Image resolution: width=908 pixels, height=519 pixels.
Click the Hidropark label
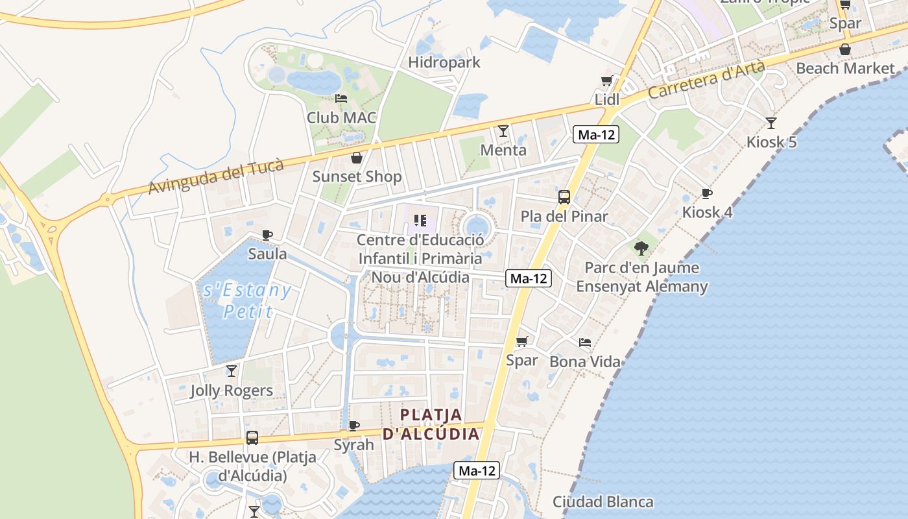[444, 62]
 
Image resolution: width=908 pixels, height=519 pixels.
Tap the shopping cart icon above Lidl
[606, 81]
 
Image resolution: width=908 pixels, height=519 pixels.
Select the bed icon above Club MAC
[341, 99]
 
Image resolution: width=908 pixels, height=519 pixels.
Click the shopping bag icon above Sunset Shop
[356, 158]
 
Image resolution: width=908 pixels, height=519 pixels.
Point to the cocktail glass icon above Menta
[503, 131]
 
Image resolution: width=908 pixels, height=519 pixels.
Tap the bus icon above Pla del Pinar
[564, 197]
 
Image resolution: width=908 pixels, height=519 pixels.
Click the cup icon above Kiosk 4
[706, 193]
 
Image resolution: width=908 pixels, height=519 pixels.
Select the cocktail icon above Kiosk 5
[771, 123]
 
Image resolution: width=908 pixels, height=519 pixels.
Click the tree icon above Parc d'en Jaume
[641, 248]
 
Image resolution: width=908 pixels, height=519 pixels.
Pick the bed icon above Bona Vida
[585, 343]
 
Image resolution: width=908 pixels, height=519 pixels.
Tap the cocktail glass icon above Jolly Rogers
[231, 371]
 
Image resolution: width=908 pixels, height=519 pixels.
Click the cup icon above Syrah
[353, 426]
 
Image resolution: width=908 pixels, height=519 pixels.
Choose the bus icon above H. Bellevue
[252, 438]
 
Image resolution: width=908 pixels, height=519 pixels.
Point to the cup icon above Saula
[267, 235]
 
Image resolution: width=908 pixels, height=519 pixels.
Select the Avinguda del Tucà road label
[216, 176]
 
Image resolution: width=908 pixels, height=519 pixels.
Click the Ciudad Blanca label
[603, 501]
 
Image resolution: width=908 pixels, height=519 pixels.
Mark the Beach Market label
[844, 68]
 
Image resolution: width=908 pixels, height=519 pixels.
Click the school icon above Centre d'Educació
[420, 221]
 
